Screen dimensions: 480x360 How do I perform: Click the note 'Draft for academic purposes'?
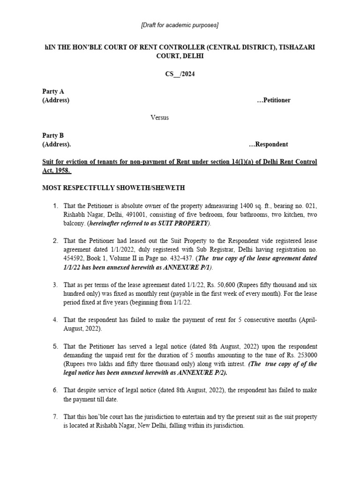click(180, 25)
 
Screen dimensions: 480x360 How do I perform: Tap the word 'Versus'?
click(159, 117)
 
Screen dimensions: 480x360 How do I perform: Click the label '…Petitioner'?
click(273, 100)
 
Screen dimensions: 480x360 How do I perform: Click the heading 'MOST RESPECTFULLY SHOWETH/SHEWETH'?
click(114, 188)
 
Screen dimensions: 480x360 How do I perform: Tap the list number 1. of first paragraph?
click(55, 206)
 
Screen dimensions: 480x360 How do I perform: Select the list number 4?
click(55, 320)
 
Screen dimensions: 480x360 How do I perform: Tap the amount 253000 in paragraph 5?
click(307, 355)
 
